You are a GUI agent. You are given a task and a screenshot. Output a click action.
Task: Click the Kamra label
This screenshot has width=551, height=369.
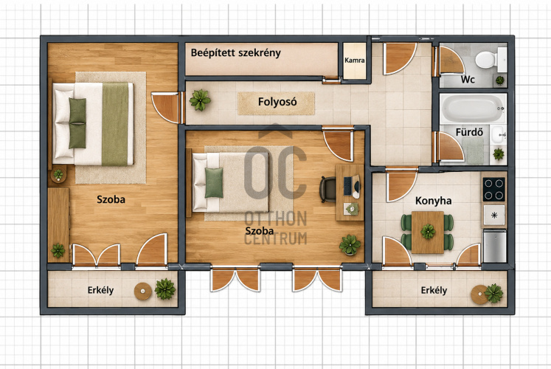(354, 60)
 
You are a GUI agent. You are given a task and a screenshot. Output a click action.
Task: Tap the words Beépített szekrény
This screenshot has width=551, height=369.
(236, 53)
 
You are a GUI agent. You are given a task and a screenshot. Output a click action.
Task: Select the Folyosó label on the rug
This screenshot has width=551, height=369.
(277, 102)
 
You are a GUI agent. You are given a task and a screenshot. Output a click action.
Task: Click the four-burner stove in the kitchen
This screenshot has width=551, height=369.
(493, 189)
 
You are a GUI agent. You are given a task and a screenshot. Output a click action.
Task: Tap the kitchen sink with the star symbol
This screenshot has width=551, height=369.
(494, 215)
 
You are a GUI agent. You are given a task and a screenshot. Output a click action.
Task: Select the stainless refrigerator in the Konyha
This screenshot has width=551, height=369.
(494, 246)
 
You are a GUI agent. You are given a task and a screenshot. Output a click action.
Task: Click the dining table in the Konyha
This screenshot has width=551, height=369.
(428, 232)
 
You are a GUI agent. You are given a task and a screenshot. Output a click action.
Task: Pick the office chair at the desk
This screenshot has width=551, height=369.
(328, 190)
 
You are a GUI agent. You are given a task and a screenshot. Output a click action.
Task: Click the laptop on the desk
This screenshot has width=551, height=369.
(351, 185)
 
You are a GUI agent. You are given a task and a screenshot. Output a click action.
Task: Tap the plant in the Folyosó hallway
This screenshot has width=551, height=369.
(200, 100)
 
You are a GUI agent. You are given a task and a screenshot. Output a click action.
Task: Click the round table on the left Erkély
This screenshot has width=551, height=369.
(143, 292)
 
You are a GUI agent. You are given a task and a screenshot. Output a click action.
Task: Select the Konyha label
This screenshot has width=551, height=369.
(433, 201)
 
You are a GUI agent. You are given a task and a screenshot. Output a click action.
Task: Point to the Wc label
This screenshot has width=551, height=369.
(468, 80)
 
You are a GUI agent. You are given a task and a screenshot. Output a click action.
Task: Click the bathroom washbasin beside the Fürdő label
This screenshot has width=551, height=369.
(499, 135)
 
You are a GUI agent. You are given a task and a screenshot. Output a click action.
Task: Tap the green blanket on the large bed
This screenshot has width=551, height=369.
(115, 124)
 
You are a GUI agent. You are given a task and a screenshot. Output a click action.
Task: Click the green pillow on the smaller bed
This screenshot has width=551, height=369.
(214, 183)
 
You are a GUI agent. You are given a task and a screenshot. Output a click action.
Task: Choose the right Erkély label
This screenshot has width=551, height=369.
(434, 290)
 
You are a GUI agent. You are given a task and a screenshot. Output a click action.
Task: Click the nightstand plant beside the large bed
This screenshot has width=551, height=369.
(58, 174)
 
